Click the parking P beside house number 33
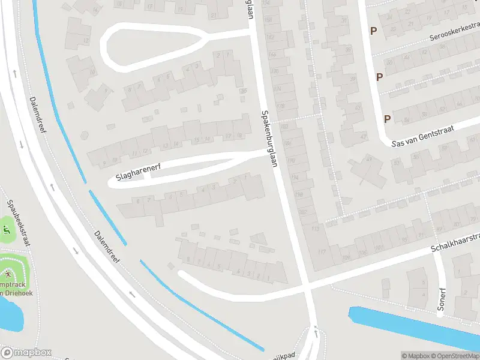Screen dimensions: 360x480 [373, 31]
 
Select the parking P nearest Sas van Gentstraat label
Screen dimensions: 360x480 [387, 118]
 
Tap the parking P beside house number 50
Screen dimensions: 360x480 [379, 76]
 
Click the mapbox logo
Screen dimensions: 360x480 [26, 352]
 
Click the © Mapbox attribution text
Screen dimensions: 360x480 [415, 356]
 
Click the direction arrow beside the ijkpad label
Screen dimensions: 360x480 [316, 328]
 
